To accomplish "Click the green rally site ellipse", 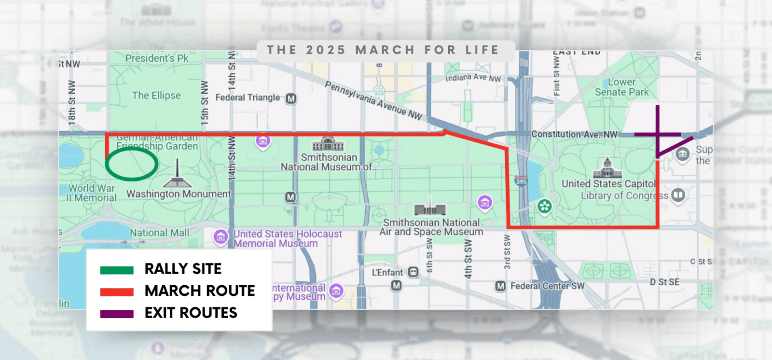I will click(132, 165).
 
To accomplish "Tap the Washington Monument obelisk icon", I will click(178, 174).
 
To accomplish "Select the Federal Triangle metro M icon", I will click(290, 98).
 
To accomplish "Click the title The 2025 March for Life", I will click(383, 50).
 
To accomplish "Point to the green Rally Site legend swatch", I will click(117, 270).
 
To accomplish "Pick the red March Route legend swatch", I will click(117, 292).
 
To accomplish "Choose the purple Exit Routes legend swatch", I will click(117, 314).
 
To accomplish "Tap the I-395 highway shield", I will click(521, 181).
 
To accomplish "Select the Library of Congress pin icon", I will click(678, 195).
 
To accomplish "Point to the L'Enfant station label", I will click(387, 273).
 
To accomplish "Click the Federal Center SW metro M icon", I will click(500, 286).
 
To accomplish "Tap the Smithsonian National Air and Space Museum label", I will click(431, 227).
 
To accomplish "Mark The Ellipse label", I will click(156, 96).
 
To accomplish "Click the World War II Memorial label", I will click(92, 193).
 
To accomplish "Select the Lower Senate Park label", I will click(621, 87).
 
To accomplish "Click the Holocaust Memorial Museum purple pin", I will click(221, 236).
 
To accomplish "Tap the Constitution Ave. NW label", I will click(574, 134).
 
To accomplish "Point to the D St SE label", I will click(664, 282).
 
